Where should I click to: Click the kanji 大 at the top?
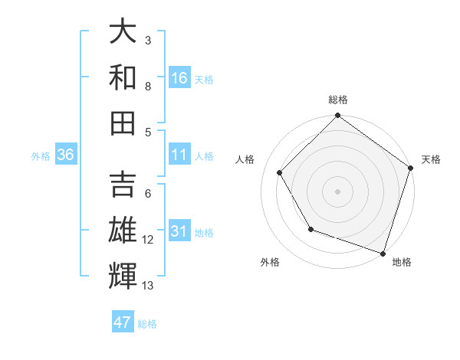coord(123,31)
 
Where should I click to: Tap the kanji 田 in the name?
coord(123,123)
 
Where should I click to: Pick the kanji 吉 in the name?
coord(123,186)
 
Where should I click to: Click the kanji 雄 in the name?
coord(123,231)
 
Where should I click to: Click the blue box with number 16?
coord(179,78)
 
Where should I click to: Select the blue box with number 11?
coord(179,155)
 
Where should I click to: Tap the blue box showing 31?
coord(179,231)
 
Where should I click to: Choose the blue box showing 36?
coord(65,155)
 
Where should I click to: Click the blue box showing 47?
coord(123,322)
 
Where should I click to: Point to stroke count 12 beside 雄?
coord(148,240)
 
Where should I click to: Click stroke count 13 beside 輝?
coord(148,286)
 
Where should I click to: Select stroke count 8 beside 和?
coord(148,86)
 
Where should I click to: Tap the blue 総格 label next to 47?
coord(147,323)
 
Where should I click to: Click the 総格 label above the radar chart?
coord(337,100)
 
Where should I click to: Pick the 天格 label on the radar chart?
coord(432,159)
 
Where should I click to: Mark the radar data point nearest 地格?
coord(383,253)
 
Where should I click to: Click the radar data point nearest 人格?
coord(280,172)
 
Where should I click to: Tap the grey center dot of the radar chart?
coord(337,191)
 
